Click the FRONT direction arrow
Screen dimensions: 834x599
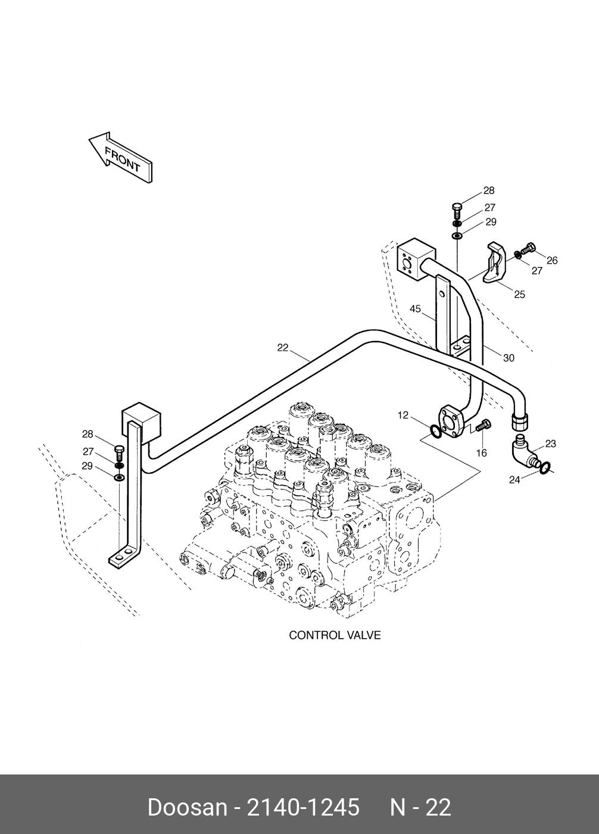120,158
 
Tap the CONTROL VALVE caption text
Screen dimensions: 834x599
335,635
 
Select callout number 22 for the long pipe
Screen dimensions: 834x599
283,348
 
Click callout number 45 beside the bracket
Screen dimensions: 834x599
415,309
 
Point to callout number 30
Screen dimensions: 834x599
508,358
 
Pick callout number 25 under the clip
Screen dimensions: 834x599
519,294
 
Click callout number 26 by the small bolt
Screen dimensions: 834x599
552,260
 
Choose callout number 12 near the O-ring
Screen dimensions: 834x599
403,415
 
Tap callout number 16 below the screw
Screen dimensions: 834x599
481,453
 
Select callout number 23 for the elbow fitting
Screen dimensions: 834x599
550,443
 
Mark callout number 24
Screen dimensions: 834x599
514,479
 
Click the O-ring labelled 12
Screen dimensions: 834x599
436,431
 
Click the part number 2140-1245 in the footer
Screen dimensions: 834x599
303,807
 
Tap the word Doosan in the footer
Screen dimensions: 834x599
187,807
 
